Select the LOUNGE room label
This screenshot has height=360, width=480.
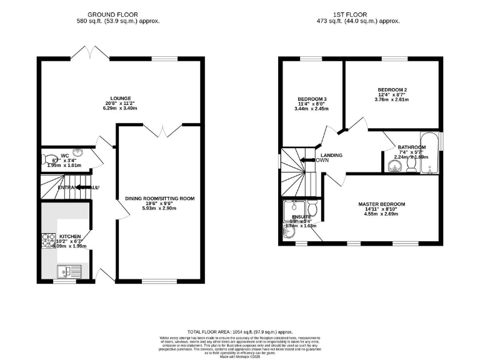click(121, 98)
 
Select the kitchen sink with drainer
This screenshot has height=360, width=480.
click(66, 271)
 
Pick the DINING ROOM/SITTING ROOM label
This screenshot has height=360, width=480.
click(160, 199)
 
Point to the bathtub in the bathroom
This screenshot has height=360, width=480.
click(431, 152)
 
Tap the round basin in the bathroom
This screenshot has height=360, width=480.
click(394, 166)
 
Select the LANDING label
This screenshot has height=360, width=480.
click(331, 154)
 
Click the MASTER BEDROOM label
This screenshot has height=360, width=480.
click(381, 204)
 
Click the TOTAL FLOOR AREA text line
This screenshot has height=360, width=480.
click(239, 331)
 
